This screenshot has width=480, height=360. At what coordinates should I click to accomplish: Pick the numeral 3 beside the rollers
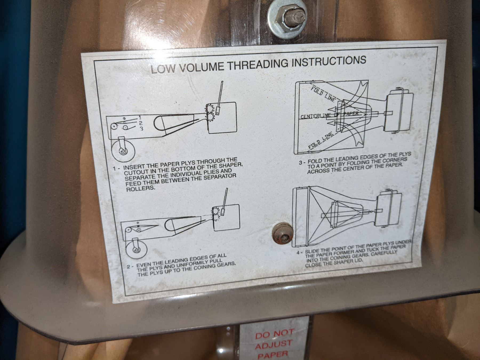(142, 129)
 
